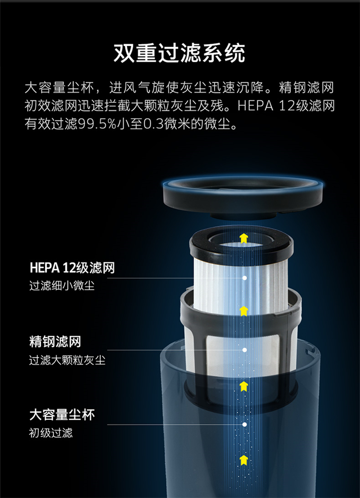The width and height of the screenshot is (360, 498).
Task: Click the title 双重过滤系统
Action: pyautogui.click(x=180, y=53)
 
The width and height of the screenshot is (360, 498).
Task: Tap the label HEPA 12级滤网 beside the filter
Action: pyautogui.click(x=72, y=268)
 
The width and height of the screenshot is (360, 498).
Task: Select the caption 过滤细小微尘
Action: pyautogui.click(x=62, y=286)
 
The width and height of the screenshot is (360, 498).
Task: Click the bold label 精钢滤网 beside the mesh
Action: pyautogui.click(x=55, y=342)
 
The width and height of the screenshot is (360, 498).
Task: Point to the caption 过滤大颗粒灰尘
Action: pyautogui.click(x=67, y=360)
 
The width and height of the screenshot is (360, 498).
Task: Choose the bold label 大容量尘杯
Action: pyautogui.click(x=62, y=415)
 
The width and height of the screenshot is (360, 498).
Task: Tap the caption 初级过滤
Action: pyautogui.click(x=51, y=433)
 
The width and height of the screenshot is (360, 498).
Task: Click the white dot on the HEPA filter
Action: pyautogui.click(x=244, y=278)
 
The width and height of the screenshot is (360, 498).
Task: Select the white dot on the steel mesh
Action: pyautogui.click(x=244, y=350)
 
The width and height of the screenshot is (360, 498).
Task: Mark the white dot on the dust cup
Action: pyautogui.click(x=244, y=425)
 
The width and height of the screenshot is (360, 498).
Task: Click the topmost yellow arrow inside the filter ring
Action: pyautogui.click(x=243, y=238)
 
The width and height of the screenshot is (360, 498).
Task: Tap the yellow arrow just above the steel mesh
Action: pyautogui.click(x=243, y=311)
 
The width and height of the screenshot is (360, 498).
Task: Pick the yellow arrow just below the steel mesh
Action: pyautogui.click(x=243, y=386)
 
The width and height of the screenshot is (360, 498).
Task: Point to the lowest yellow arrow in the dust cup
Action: pyautogui.click(x=243, y=460)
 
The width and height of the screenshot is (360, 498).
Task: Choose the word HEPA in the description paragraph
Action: pyautogui.click(x=255, y=106)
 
